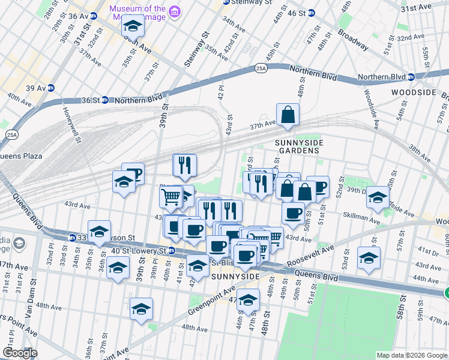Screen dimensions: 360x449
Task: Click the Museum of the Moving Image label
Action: pyautogui.click(x=137, y=13)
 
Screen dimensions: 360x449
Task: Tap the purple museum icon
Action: pyautogui.click(x=175, y=12)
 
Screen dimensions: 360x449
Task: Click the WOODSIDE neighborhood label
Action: pyautogui.click(x=412, y=92)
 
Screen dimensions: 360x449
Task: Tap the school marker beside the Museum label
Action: pyautogui.click(x=133, y=28)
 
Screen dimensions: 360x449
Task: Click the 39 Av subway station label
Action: pyautogui.click(x=34, y=88)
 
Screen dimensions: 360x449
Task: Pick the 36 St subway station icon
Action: pyautogui.click(x=105, y=100)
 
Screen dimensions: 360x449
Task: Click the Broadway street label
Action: pyautogui.click(x=352, y=38)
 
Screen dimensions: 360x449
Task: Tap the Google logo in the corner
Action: pyautogui.click(x=20, y=353)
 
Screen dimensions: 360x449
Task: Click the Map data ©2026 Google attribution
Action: pyautogui.click(x=411, y=355)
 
